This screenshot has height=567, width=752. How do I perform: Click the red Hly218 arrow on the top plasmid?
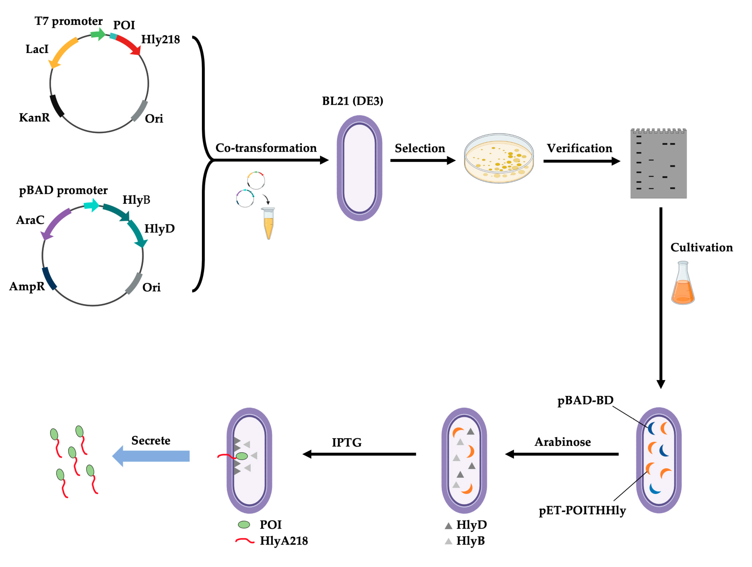127,44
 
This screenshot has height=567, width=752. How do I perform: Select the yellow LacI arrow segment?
63,51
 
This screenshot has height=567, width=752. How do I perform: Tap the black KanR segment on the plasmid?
57,106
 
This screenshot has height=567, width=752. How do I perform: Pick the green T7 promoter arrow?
98,34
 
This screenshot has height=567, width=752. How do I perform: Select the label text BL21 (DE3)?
352,101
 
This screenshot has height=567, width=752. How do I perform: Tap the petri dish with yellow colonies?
499,159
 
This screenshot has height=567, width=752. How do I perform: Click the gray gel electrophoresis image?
658,164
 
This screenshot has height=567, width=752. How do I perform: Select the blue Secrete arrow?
151,456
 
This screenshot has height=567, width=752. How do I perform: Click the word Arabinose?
563,442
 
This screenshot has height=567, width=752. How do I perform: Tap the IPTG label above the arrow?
347,443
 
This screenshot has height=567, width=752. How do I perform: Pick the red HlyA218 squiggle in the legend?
244,541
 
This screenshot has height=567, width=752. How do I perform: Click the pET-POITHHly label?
582,511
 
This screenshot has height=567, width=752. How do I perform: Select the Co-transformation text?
266,148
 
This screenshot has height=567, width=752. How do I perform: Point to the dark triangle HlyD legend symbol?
448,526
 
